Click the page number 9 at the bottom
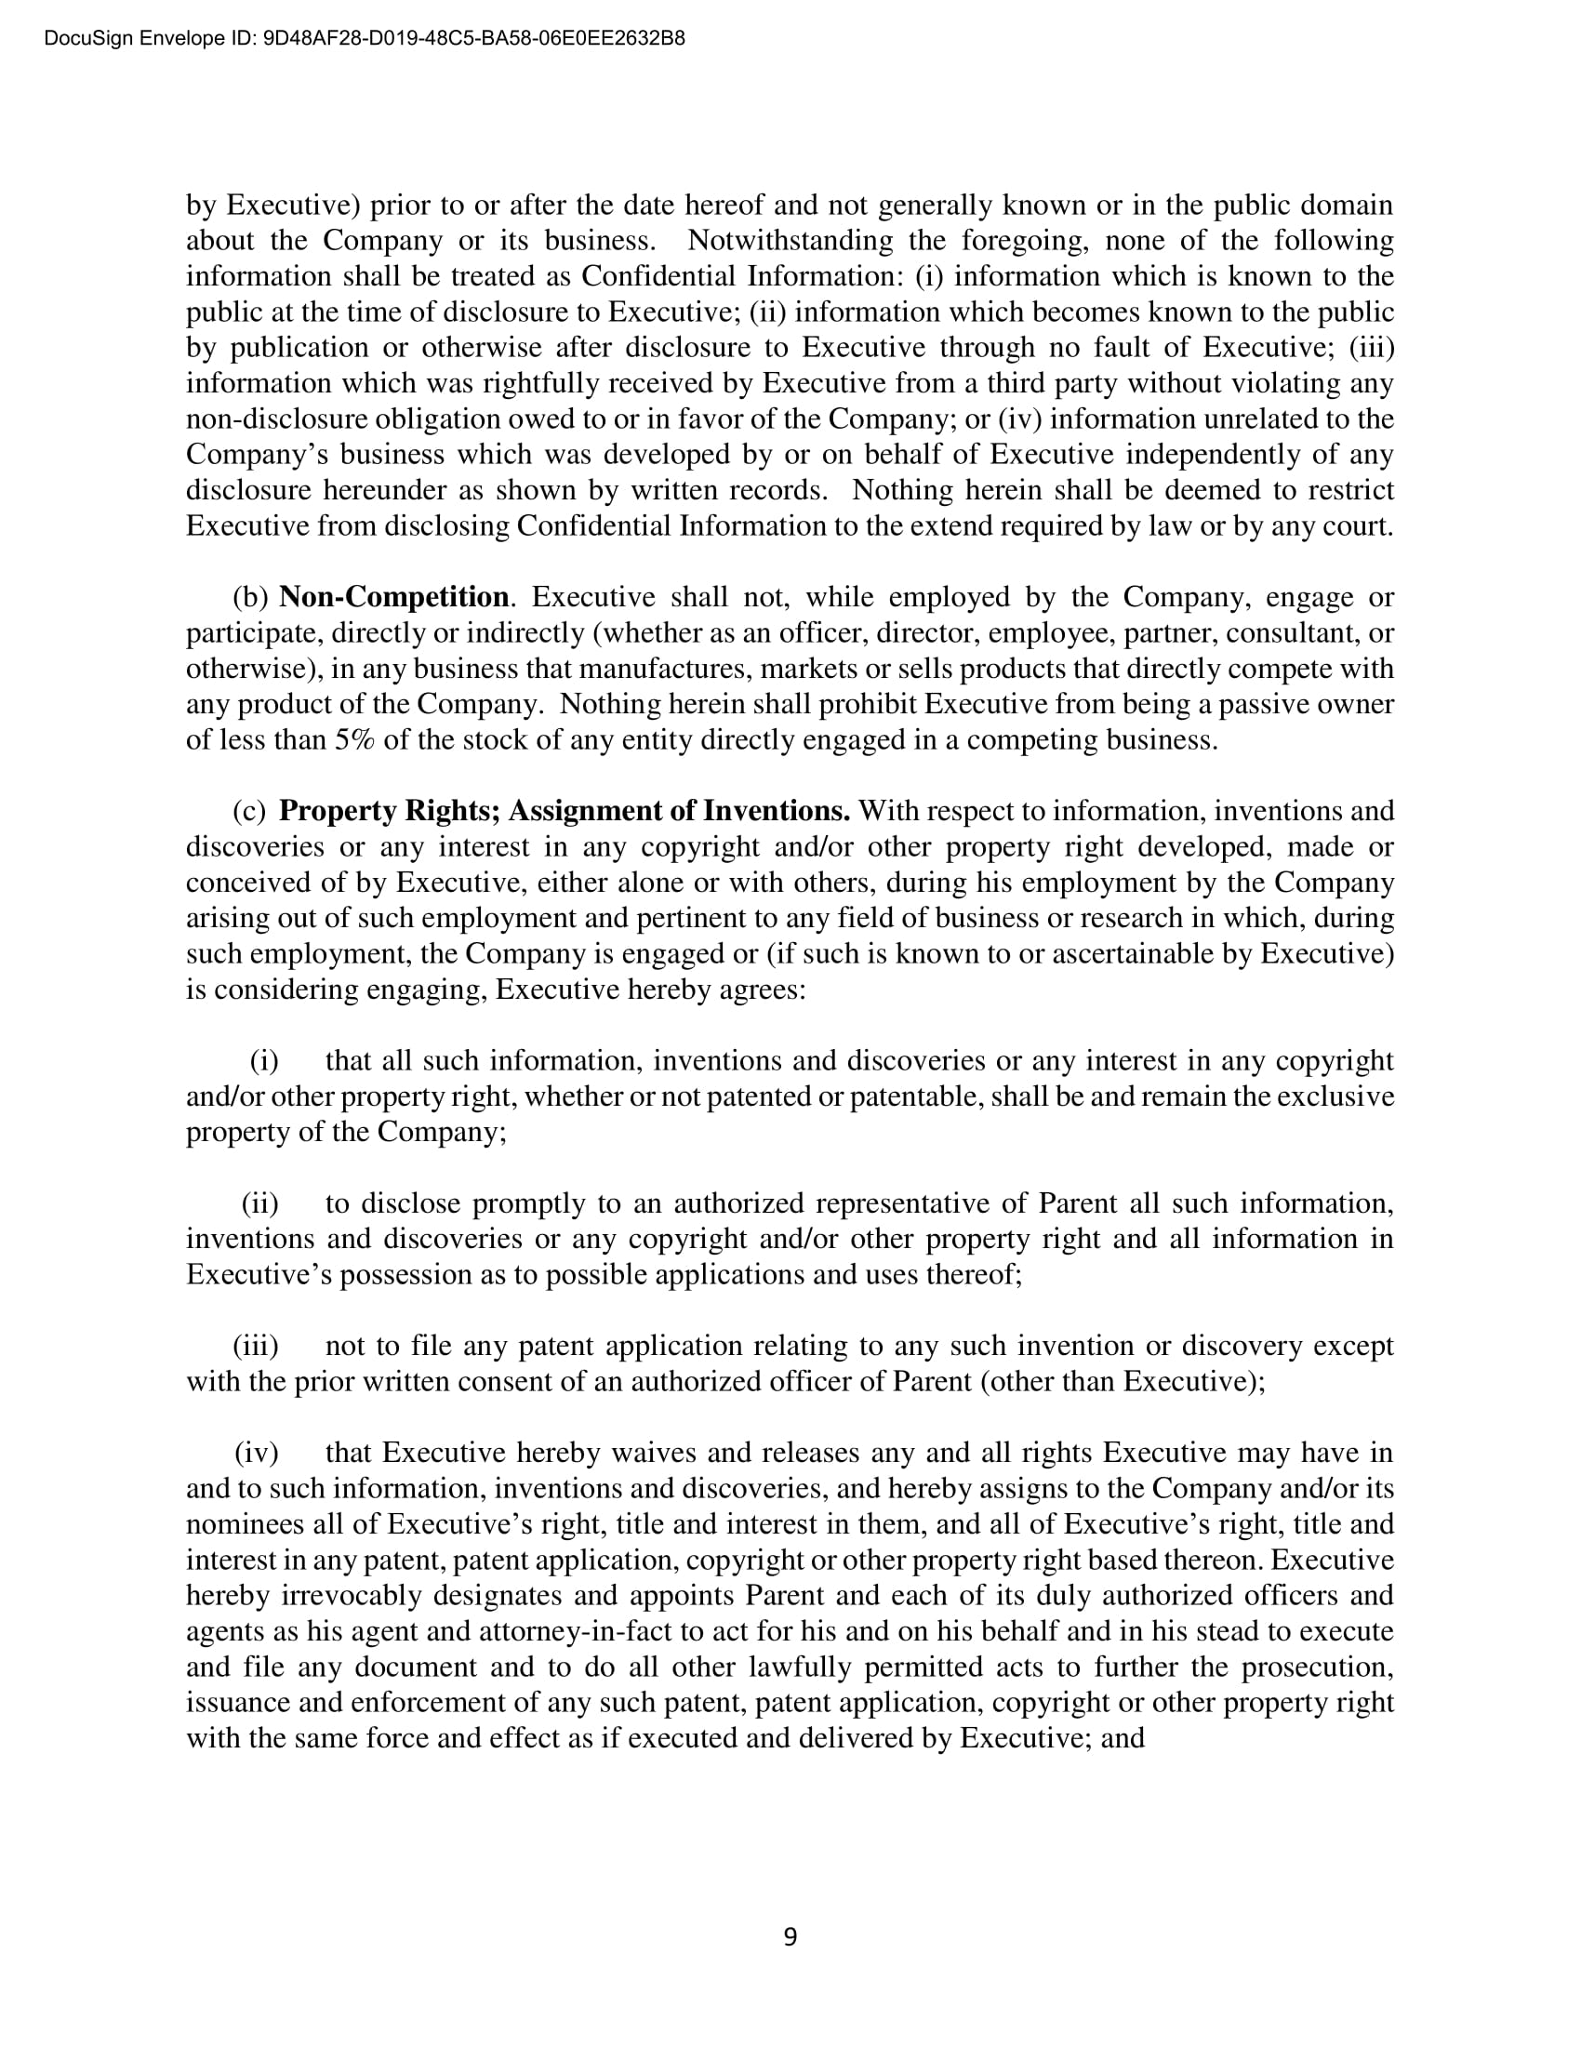pos(790,1936)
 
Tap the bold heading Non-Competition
pos(393,597)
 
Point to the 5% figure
pos(356,740)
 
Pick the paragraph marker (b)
pos(250,597)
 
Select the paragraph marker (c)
pos(249,810)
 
